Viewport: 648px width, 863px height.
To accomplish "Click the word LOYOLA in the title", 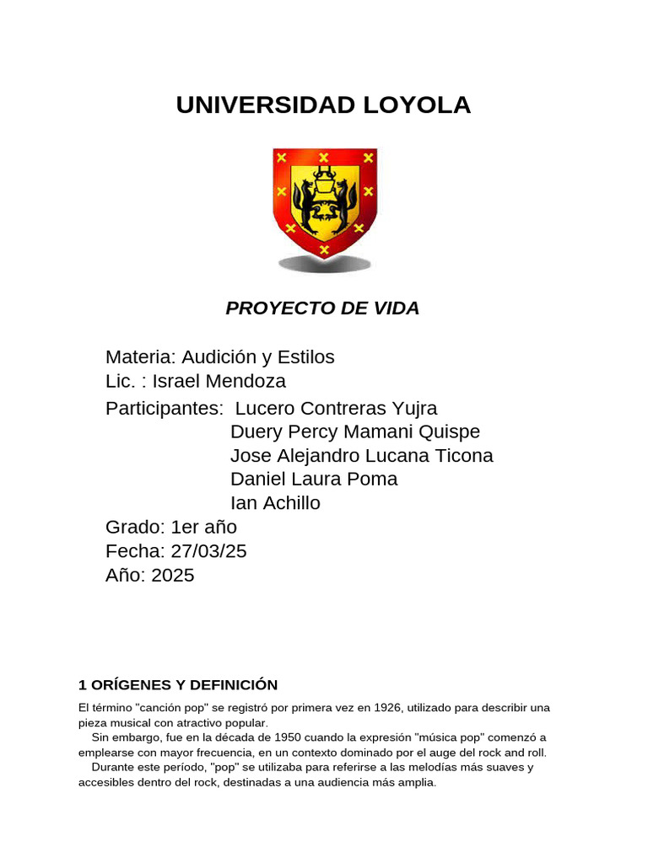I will click(404, 105).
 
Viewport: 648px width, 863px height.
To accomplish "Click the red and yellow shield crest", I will click(324, 201).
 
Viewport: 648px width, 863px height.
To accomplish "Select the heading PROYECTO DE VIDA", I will click(322, 308).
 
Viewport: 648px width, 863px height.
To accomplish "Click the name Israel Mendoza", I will click(219, 381).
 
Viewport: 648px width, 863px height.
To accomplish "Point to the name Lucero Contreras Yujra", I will click(336, 409).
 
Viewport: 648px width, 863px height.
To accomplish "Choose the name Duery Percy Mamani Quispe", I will click(355, 432).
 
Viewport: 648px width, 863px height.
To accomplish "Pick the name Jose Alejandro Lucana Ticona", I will click(362, 456).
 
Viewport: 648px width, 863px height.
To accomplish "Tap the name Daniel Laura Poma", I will click(314, 480).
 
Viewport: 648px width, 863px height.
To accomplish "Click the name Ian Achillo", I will click(275, 503).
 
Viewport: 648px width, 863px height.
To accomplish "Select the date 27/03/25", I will click(208, 551).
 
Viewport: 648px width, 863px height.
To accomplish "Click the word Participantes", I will click(164, 409).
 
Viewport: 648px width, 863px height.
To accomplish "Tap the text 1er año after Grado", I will click(204, 528).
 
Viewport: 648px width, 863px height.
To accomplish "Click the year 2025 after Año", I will click(173, 576).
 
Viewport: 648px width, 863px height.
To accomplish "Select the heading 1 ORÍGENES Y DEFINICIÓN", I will click(178, 684).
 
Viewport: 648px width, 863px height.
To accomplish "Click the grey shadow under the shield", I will click(325, 265).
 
